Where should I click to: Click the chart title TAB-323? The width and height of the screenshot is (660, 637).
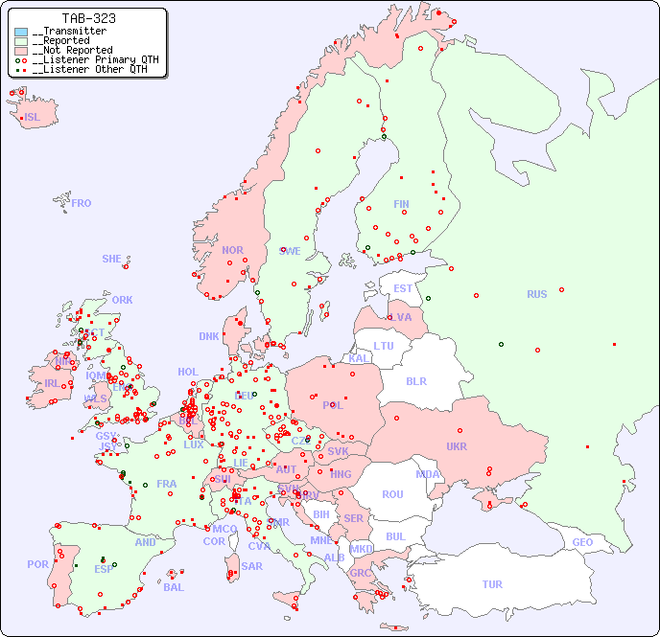pos(88,18)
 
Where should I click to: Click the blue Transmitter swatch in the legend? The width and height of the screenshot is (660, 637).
pos(21,32)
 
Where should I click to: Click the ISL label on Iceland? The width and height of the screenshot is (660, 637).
pos(33,118)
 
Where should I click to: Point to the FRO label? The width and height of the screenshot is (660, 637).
pos(82,203)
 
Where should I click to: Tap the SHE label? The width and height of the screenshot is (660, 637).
pos(111,259)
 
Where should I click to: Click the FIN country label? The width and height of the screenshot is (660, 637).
pos(401,204)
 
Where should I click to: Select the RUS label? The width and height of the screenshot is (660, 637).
pos(536,294)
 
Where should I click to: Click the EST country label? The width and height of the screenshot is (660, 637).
pos(403,288)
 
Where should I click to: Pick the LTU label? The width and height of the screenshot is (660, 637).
pos(384,346)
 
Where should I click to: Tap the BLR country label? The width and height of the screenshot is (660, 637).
pos(415,380)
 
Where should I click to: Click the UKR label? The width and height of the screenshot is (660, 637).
pos(456,446)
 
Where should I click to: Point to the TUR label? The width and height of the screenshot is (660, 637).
pos(492,584)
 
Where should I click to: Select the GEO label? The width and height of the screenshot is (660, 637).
pos(582,542)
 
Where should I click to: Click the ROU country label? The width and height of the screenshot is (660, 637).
pos(392,494)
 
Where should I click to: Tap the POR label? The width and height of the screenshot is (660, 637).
pos(37,564)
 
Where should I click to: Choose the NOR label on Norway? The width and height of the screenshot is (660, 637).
pos(232,250)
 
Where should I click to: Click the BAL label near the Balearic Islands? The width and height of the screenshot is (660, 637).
pos(173,587)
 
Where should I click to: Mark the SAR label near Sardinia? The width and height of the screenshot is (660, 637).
pos(251,566)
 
